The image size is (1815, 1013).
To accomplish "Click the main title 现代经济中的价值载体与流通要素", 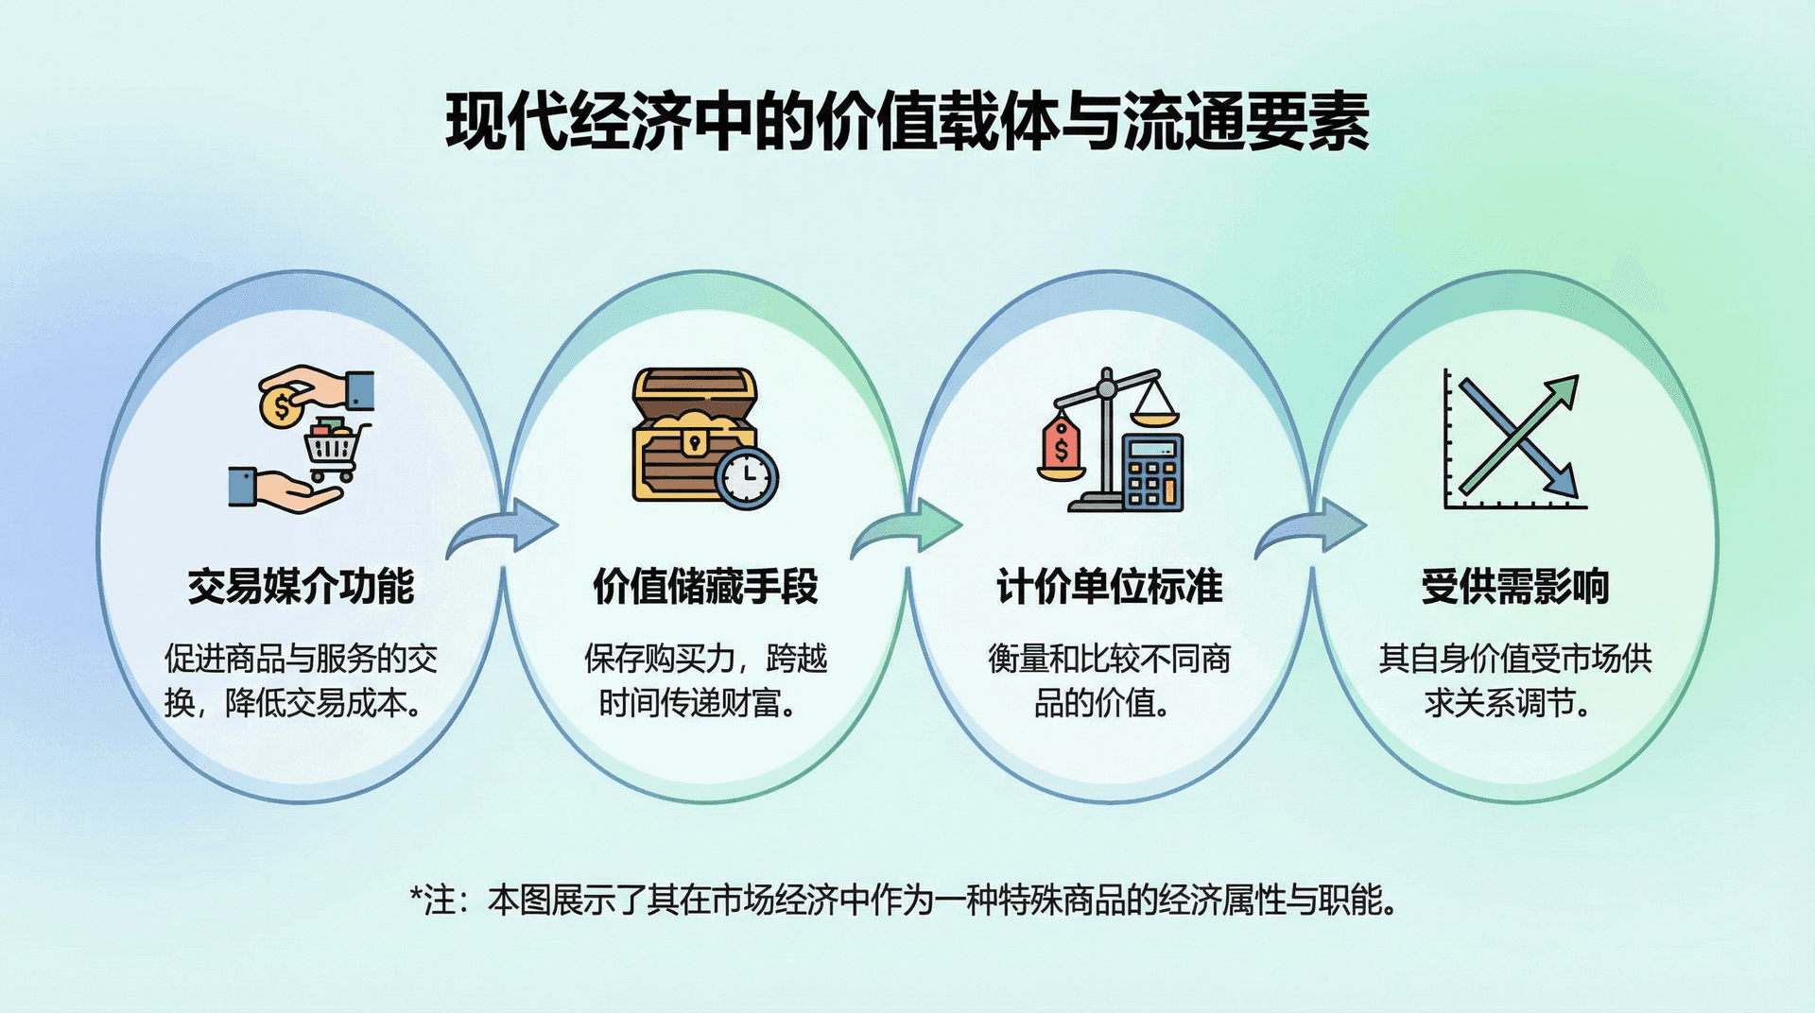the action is click(907, 122).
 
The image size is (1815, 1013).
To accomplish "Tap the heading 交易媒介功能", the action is click(301, 586).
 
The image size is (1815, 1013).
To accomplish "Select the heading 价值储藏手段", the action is click(705, 586).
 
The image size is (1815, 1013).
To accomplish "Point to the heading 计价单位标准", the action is click(1110, 586).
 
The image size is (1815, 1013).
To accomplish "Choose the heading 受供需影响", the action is click(1514, 586).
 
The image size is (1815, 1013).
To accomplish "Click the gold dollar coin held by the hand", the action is click(281, 407).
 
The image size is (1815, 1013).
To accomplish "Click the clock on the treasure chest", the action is click(747, 477).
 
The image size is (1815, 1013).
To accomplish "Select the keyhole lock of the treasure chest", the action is click(695, 442).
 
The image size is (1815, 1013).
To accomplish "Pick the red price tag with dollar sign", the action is click(1062, 445).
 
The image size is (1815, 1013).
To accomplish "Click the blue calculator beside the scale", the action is click(1152, 472).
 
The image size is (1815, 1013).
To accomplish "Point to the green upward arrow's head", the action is click(1563, 391).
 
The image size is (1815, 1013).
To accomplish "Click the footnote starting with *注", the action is click(905, 900).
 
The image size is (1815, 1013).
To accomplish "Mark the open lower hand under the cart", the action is click(286, 489).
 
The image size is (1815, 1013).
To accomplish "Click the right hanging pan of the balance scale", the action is click(1154, 406).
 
